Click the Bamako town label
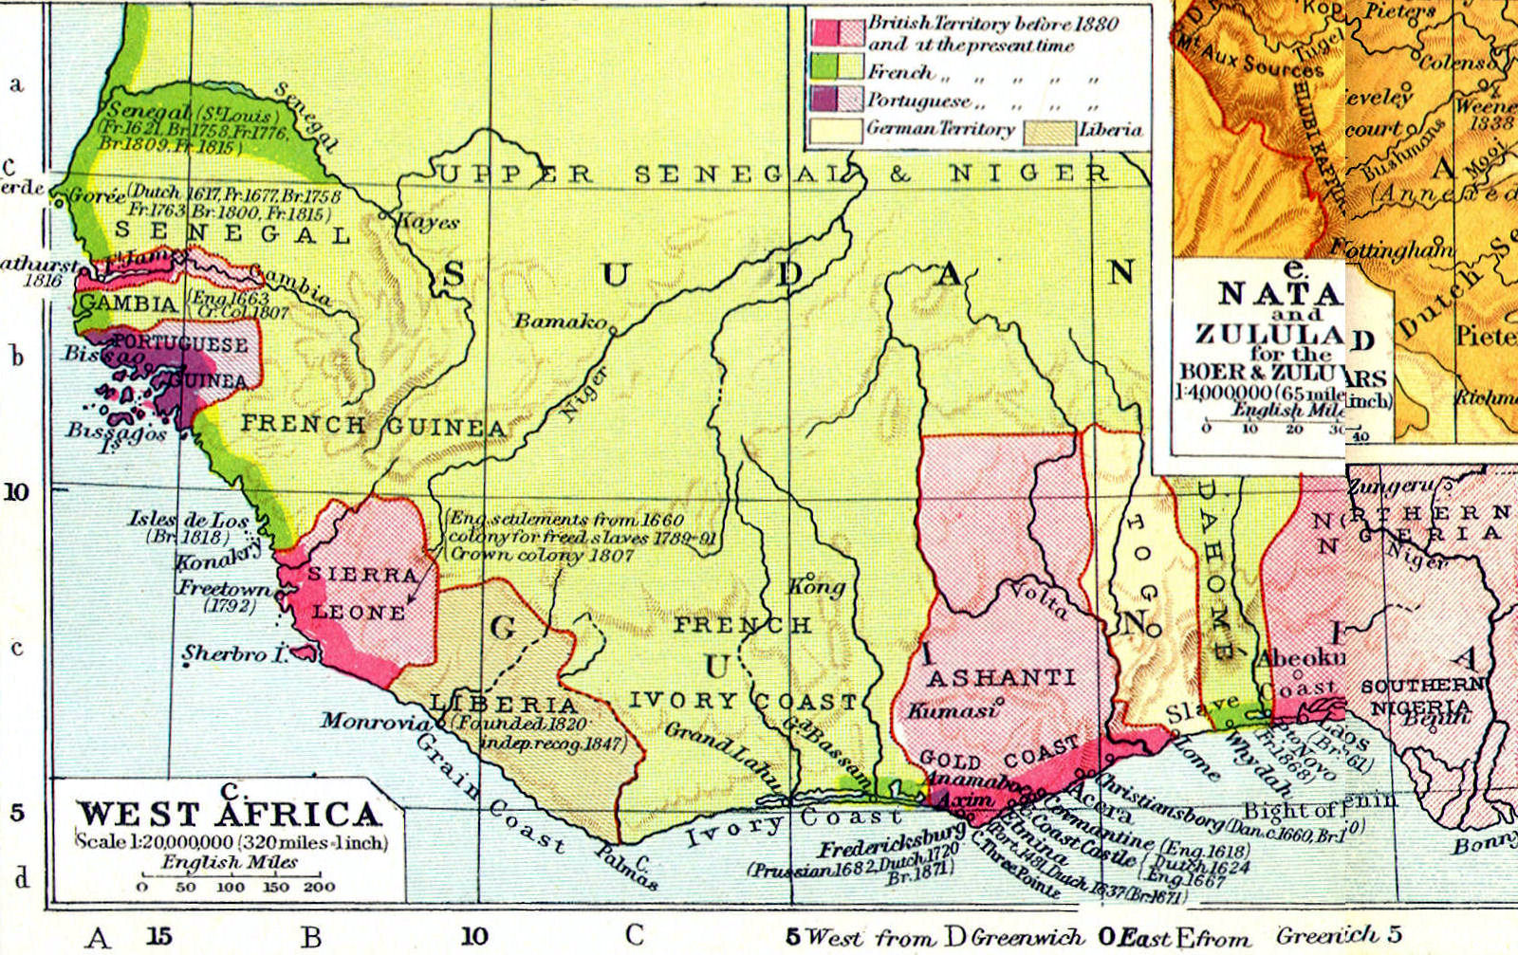click(560, 321)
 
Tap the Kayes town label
click(428, 222)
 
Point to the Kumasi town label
click(952, 709)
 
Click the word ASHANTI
click(1001, 677)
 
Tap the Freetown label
click(223, 588)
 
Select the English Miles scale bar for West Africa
click(231, 875)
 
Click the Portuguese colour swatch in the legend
click(837, 100)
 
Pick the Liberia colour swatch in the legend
click(1049, 130)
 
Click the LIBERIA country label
click(503, 704)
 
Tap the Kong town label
click(817, 586)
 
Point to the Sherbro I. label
click(233, 653)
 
